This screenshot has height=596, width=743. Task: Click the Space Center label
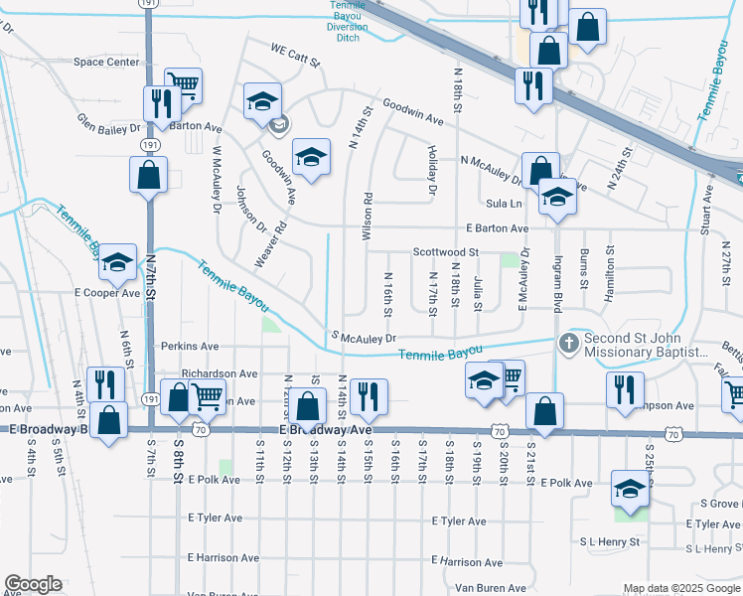[x=106, y=62]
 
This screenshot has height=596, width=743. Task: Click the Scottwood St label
[x=446, y=252]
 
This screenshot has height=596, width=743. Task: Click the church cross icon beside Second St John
[x=568, y=343]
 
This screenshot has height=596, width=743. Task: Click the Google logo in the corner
[x=33, y=585]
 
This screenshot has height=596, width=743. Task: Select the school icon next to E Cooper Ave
[x=118, y=263]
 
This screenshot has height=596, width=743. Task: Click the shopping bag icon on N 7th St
[x=148, y=175]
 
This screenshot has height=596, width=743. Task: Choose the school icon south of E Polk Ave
[x=629, y=488]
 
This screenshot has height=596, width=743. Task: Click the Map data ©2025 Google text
[x=682, y=588]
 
